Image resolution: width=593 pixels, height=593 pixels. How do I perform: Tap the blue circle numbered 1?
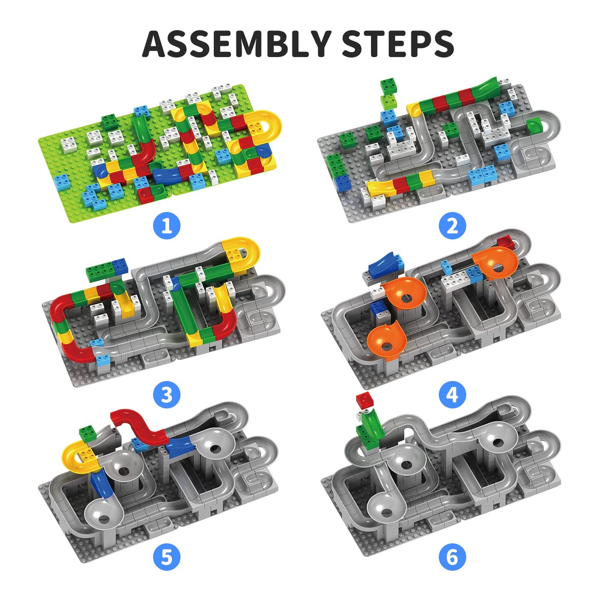[167, 226]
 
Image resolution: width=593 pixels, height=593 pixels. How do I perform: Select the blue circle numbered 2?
[452, 226]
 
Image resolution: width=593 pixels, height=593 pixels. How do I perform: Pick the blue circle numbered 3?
[167, 395]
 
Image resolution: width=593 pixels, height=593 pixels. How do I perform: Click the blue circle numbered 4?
[452, 395]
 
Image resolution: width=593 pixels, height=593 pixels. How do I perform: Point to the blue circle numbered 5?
[167, 557]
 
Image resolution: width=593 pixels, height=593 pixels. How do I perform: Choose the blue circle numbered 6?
[452, 557]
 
